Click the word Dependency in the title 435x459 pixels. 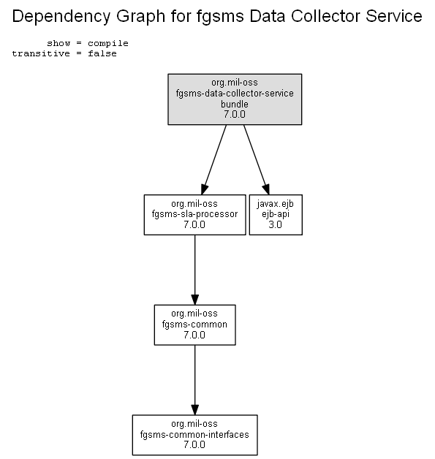pos(61,16)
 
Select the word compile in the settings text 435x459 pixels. pos(108,44)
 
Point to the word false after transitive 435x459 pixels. pos(102,53)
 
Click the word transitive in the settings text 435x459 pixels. pos(41,53)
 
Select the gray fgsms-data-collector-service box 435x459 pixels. pos(235,99)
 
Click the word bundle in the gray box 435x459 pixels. pos(235,104)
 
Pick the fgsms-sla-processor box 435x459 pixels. pos(194,215)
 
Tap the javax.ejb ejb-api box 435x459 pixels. pos(276,215)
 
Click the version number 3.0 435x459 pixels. pos(275,224)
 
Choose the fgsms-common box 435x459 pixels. pos(194,325)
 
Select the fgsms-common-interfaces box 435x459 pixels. pos(194,435)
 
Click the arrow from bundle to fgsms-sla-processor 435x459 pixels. pos(213,160)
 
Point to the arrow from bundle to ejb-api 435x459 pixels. pos(257,160)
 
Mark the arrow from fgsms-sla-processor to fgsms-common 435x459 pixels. pos(194,270)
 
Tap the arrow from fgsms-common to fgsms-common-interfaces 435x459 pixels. pos(194,380)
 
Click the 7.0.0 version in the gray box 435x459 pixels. pos(235,114)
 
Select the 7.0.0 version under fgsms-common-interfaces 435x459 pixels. pos(194,444)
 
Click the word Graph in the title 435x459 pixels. pos(141,16)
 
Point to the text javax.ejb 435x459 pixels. pos(276,204)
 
